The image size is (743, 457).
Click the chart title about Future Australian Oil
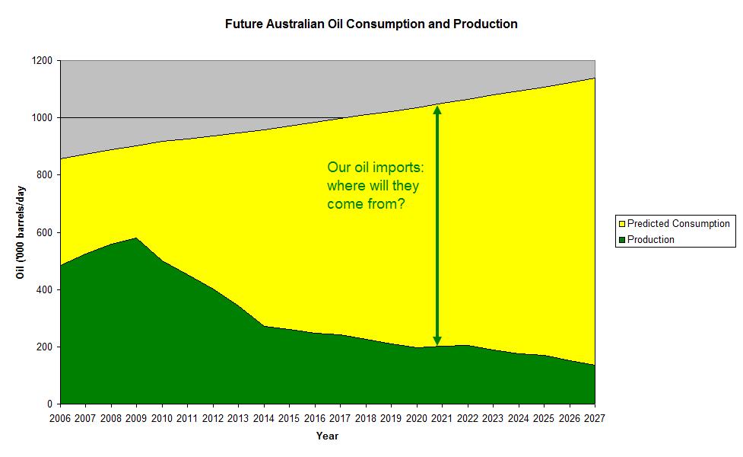click(371, 24)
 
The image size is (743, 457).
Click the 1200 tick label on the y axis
click(42, 61)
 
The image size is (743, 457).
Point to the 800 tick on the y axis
click(44, 175)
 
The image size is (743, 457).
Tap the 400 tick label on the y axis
click(44, 289)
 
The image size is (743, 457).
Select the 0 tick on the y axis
click(50, 404)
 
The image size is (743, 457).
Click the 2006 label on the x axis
click(60, 417)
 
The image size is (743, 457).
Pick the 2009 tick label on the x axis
click(137, 417)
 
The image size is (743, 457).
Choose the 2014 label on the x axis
click(264, 417)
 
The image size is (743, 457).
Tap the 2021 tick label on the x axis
click(443, 417)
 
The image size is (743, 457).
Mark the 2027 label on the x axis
click(595, 417)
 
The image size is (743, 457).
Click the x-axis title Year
click(327, 436)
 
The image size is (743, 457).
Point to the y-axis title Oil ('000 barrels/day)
click(22, 232)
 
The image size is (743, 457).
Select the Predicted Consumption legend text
click(678, 224)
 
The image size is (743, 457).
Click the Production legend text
click(651, 239)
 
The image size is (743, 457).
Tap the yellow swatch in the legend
click(622, 224)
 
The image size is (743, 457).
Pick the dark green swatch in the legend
click(622, 239)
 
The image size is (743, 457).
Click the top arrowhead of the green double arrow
click(437, 109)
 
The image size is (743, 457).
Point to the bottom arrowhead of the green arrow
click(437, 340)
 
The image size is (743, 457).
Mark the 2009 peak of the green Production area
click(137, 238)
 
